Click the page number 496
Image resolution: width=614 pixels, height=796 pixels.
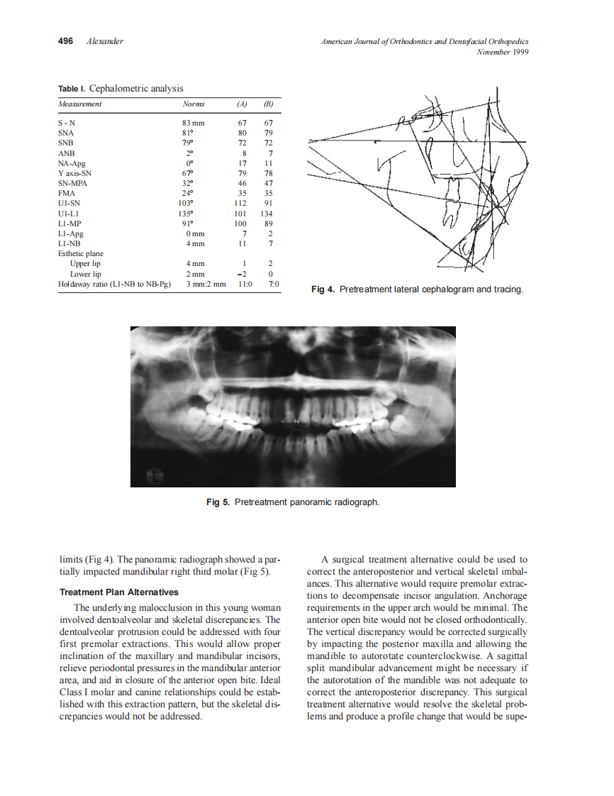point(65,41)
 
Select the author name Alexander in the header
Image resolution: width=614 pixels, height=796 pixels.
point(104,41)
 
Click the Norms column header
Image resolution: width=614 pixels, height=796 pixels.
point(194,104)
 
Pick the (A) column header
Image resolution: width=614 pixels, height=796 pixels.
point(242,104)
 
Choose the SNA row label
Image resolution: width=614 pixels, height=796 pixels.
point(67,133)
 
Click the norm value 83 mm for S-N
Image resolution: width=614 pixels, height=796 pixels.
point(194,123)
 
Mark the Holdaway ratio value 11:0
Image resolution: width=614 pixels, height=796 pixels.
point(241,284)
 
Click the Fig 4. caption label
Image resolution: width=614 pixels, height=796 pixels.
point(323,289)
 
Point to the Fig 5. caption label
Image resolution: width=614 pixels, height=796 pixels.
point(218,502)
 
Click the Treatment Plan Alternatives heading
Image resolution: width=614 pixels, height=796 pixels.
point(119,592)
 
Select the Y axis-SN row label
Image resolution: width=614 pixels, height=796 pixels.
point(74,173)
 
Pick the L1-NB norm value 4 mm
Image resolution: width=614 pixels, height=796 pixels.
point(195,244)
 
